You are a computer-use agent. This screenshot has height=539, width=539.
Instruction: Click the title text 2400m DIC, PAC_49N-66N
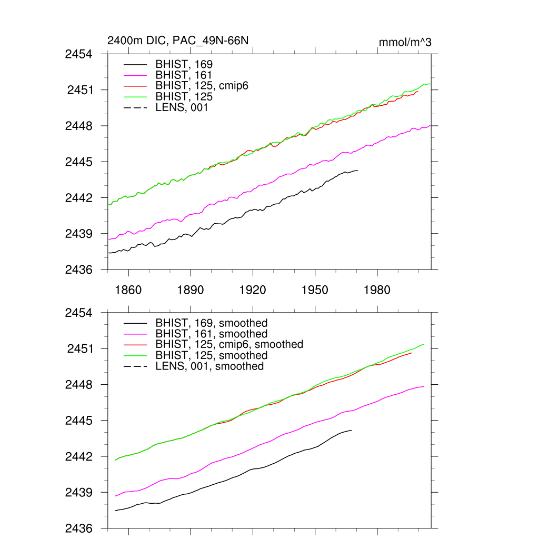177,41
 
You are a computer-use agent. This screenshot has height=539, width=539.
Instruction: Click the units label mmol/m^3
405,42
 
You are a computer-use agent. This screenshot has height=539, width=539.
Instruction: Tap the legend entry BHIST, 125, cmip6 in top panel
202,86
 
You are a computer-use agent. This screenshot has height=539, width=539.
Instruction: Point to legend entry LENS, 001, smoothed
209,366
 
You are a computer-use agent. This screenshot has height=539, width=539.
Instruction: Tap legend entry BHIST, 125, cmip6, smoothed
229,344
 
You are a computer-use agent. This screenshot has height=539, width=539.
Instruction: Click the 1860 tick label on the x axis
128,290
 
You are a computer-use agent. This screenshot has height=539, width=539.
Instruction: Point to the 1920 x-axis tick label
253,290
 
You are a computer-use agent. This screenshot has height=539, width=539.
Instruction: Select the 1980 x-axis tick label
377,290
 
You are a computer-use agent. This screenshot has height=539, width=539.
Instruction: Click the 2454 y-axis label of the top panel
78,54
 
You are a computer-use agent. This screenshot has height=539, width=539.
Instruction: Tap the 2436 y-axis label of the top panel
78,269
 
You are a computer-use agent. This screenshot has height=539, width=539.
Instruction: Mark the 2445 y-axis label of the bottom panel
78,421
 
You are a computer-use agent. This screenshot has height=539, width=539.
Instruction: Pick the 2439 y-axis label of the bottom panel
78,493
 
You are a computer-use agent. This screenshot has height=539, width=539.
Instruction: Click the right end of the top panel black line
357,171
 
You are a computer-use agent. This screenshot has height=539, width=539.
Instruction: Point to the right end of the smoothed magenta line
424,386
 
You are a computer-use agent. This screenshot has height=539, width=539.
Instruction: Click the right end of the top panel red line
418,92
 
